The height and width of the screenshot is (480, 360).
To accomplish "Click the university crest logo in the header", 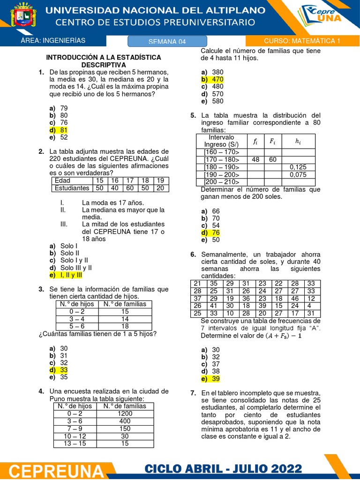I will pyautogui.click(x=22, y=18).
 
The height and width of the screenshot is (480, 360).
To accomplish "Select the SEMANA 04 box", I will pyautogui.click(x=167, y=41).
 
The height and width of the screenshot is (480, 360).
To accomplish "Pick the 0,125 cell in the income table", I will pyautogui.click(x=298, y=167).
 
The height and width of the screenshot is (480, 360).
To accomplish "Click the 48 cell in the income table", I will pyautogui.click(x=255, y=159).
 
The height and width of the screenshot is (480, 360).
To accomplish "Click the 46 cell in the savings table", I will pyautogui.click(x=295, y=298).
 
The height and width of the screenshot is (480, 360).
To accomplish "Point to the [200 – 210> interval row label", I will pyautogui.click(x=221, y=182).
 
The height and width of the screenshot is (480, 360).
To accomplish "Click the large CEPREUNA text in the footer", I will pyautogui.click(x=56, y=470).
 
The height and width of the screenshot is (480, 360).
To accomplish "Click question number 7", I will pyautogui.click(x=193, y=393).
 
